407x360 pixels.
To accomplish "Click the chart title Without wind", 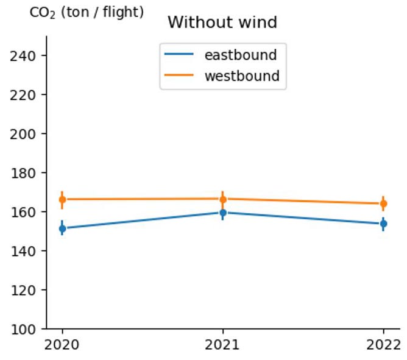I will click(x=222, y=23).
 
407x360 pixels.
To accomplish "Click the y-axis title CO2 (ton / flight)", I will click(x=87, y=12).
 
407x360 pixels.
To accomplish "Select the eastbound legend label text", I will click(x=240, y=55).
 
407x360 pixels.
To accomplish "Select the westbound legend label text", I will click(x=241, y=76).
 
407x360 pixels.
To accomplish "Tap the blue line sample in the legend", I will click(x=179, y=55).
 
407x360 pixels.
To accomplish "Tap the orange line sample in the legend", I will click(x=179, y=76).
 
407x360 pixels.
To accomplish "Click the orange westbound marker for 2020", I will click(x=62, y=199).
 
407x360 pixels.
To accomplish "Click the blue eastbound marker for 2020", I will click(x=62, y=228).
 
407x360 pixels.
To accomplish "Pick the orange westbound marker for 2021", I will click(x=223, y=199).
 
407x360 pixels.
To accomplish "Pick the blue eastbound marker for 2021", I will click(x=223, y=213).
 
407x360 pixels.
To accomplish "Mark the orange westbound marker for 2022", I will click(x=383, y=203).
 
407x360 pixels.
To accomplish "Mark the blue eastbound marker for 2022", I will click(x=383, y=224).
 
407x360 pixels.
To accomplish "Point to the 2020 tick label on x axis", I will click(x=62, y=345).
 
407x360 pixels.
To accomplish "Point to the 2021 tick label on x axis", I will click(x=223, y=345).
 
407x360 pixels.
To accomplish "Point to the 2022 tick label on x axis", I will click(x=383, y=345).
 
